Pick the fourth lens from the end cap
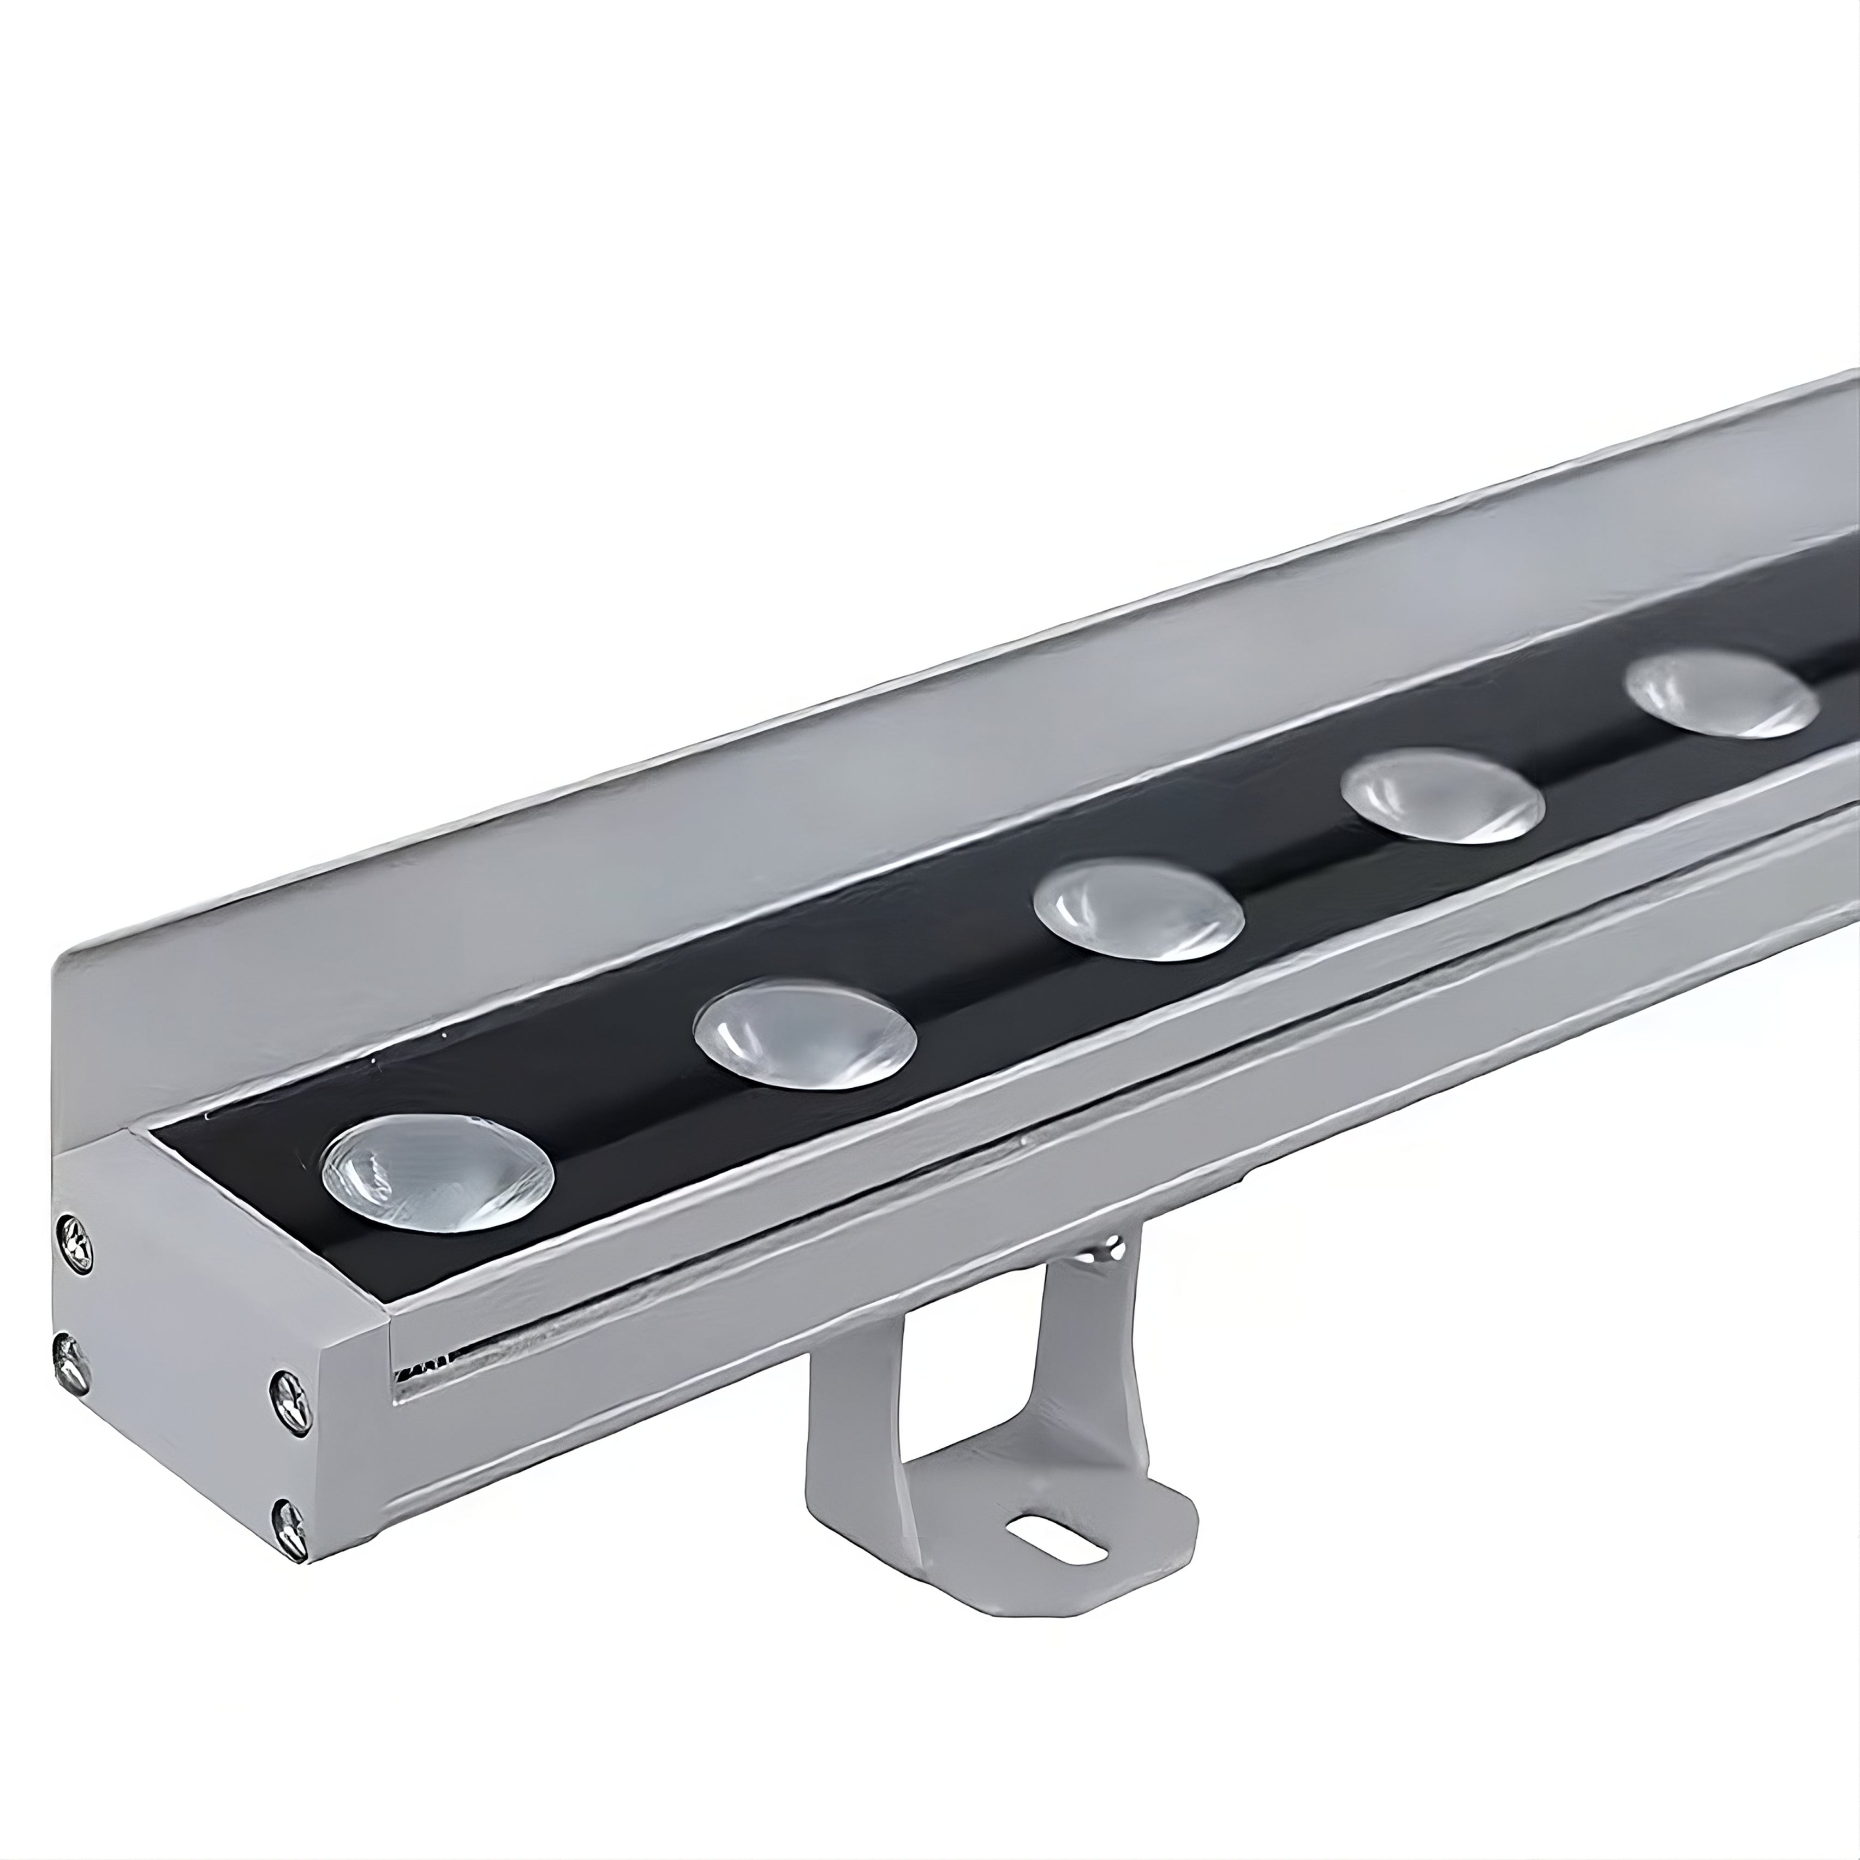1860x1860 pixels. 1441,798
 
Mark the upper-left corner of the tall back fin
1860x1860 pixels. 59,958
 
